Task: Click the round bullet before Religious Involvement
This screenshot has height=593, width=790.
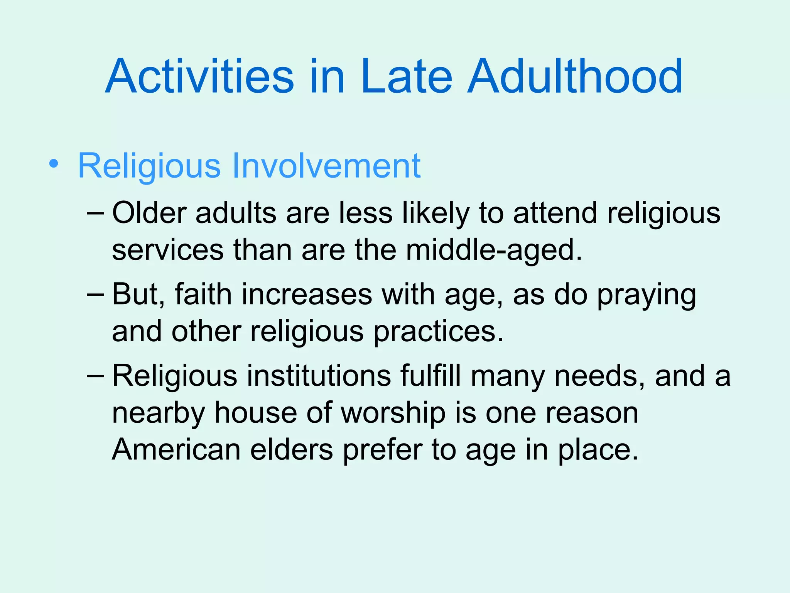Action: click(54, 164)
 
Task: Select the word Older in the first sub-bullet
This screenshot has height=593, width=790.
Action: click(149, 213)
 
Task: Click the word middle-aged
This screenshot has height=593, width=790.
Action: click(494, 250)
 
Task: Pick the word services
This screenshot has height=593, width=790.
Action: click(167, 250)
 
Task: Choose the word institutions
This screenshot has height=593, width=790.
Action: click(319, 376)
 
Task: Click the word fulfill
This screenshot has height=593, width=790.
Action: click(430, 375)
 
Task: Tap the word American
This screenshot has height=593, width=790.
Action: click(176, 450)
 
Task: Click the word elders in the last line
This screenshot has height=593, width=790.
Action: click(291, 450)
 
